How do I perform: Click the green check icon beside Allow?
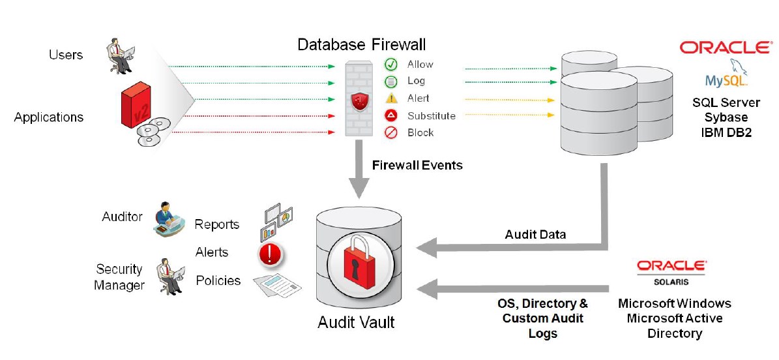point(391,65)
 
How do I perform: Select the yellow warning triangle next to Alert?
point(391,98)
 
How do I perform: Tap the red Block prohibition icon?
point(391,133)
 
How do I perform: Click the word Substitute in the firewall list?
point(431,116)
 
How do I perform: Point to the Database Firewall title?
point(361,44)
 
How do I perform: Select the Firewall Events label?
point(417,165)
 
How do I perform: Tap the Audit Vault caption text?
point(356,322)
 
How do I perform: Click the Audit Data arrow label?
point(535,234)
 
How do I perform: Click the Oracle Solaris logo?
point(671,271)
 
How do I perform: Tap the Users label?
point(66,55)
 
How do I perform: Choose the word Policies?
point(218,280)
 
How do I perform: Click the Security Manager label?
point(119,277)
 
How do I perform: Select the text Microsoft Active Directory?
point(674,325)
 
